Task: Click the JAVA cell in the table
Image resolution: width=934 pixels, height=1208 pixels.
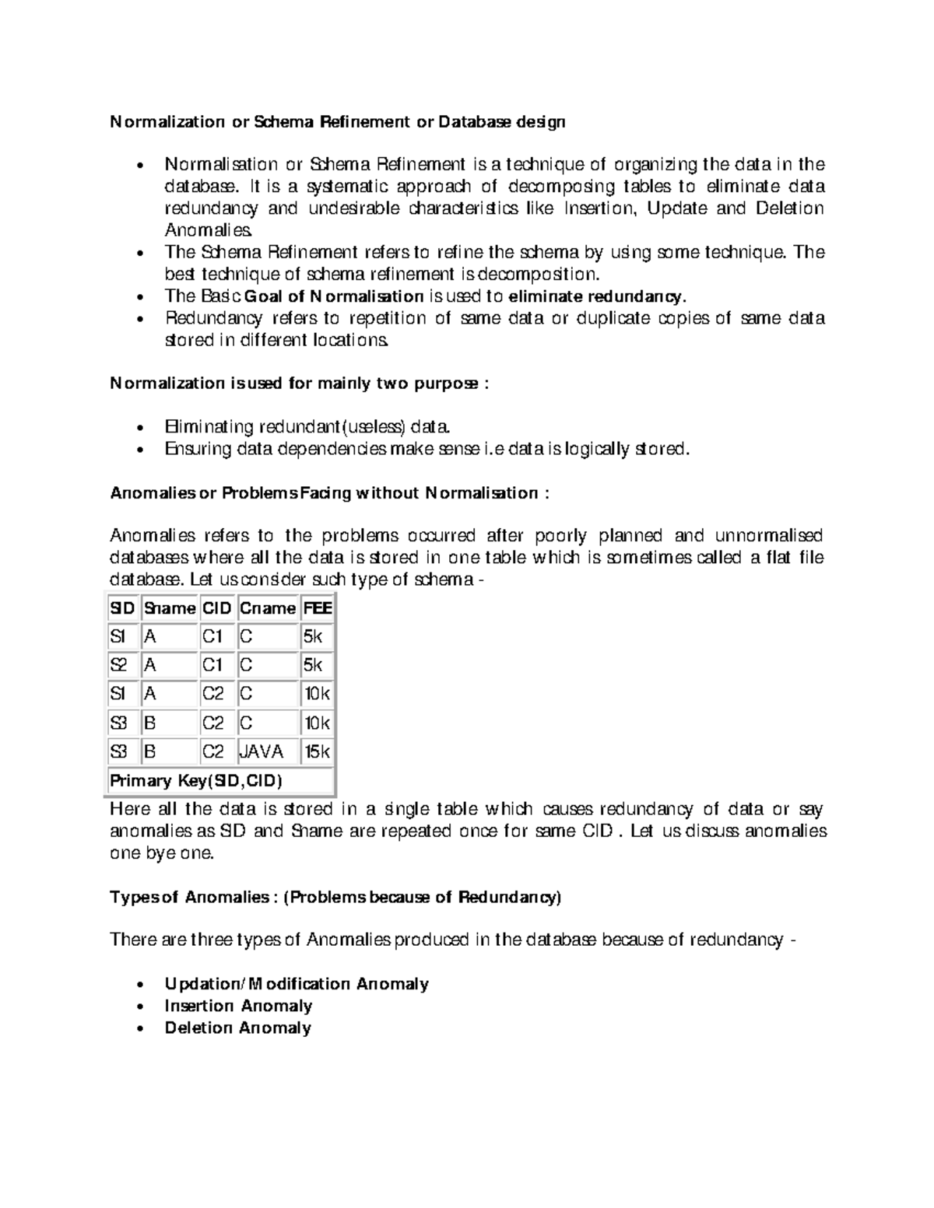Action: coord(262,751)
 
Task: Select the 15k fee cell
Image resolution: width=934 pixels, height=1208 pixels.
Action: coord(317,751)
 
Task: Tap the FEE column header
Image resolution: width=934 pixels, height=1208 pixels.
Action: coord(317,608)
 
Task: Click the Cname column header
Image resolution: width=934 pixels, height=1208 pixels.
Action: coord(267,608)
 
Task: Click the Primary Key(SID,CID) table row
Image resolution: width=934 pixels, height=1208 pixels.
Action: coord(196,780)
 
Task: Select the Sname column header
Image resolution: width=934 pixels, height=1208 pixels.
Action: coord(169,608)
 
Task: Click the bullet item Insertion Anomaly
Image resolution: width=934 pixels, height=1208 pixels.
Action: coord(238,1006)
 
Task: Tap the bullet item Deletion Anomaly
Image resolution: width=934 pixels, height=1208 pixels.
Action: coord(237,1028)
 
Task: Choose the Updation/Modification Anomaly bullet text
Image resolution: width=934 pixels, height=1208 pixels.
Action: coord(297,984)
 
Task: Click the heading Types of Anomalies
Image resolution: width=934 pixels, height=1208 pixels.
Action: coord(335,897)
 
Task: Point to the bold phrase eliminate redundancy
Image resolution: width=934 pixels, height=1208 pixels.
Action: coord(597,296)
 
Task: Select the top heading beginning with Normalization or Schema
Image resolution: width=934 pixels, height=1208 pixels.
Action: coord(337,121)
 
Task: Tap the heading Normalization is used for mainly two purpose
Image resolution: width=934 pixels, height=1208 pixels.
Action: coord(299,383)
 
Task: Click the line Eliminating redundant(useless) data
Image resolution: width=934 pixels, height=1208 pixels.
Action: coord(307,427)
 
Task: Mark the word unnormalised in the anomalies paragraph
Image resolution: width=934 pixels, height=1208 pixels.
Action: coord(768,536)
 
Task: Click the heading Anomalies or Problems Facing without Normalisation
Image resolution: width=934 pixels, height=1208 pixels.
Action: coord(330,493)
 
